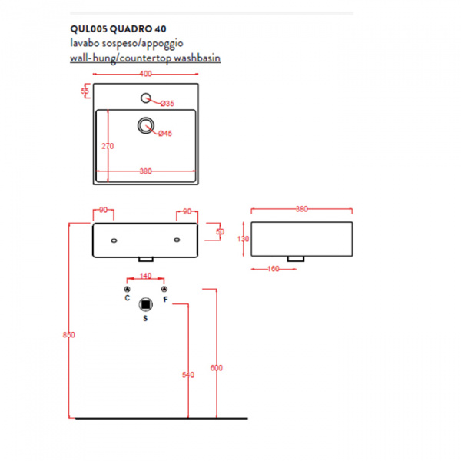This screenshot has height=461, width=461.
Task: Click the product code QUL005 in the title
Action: pyautogui.click(x=89, y=29)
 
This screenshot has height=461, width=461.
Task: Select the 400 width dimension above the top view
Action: pyautogui.click(x=146, y=74)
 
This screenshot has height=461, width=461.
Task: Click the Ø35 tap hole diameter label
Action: pyautogui.click(x=167, y=104)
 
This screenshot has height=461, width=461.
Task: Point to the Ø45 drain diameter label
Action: pyautogui.click(x=165, y=134)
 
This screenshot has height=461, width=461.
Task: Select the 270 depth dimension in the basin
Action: pyautogui.click(x=108, y=146)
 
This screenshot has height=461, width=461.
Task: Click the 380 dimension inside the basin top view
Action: pyautogui.click(x=146, y=171)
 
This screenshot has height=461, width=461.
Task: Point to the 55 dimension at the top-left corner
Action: pyautogui.click(x=85, y=91)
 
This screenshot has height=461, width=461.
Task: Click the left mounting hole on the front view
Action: pyautogui.click(x=114, y=240)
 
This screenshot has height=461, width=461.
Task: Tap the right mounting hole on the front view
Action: pyautogui.click(x=177, y=240)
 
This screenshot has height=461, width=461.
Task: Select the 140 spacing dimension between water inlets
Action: pyautogui.click(x=145, y=276)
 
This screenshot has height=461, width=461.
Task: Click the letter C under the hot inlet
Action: pyautogui.click(x=127, y=298)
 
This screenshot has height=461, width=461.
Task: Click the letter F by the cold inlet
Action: pyautogui.click(x=165, y=300)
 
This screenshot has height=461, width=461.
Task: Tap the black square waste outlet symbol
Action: pyautogui.click(x=145, y=304)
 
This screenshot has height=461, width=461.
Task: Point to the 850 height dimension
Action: pyautogui.click(x=69, y=334)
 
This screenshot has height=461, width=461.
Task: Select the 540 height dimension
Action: pyautogui.click(x=188, y=375)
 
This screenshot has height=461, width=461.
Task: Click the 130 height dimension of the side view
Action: pyautogui.click(x=243, y=239)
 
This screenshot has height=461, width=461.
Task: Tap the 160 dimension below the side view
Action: pyautogui.click(x=273, y=269)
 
